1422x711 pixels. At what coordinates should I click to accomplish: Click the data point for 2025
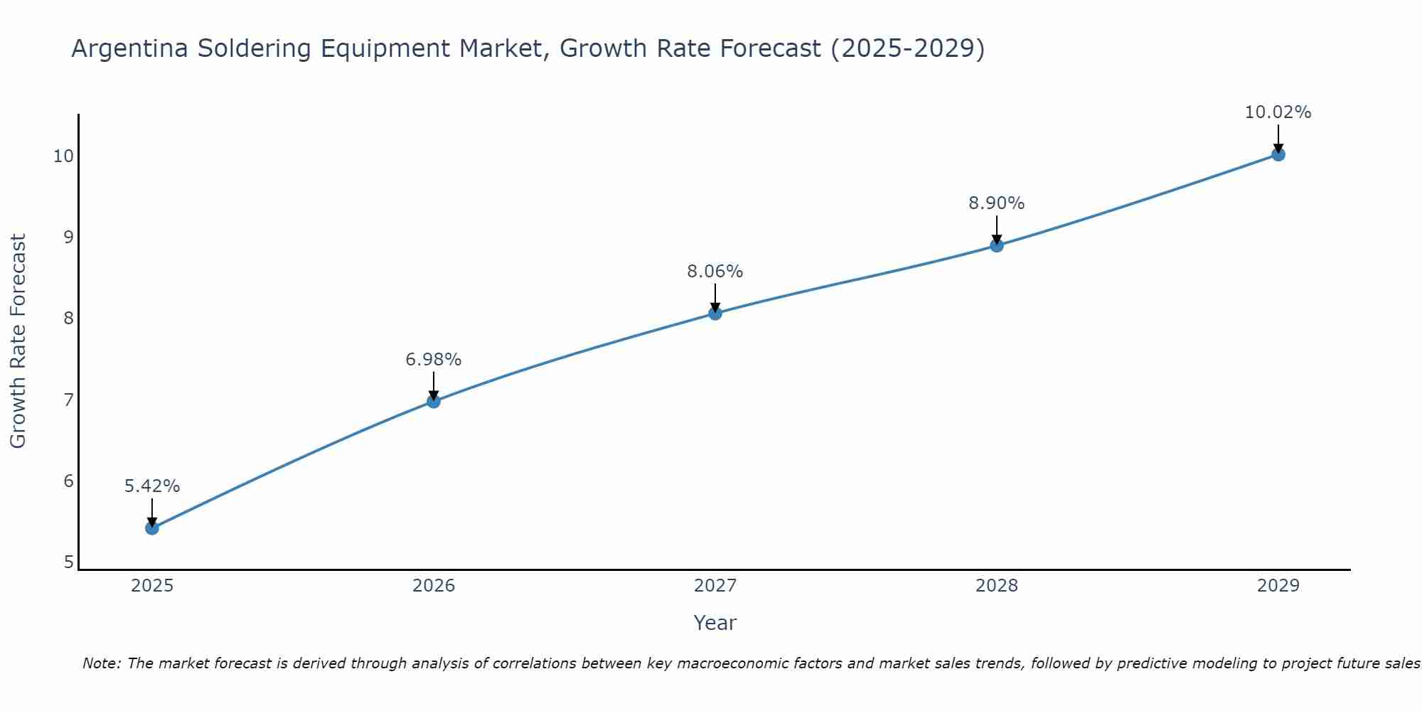coord(151,528)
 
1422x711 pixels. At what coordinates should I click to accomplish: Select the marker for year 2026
coord(433,401)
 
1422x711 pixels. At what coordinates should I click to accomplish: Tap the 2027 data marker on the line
coord(715,313)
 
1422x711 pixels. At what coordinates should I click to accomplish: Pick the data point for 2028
coord(996,245)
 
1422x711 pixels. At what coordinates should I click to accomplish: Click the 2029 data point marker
coord(1278,154)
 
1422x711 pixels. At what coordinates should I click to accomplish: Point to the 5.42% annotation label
coord(151,486)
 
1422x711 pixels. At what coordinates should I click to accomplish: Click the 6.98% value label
coord(433,360)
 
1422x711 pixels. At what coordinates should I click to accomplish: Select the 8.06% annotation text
coord(715,272)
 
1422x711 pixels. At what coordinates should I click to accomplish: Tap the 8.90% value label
coord(996,203)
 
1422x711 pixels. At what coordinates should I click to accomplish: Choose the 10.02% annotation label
coord(1278,112)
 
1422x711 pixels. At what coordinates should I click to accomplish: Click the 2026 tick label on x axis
coord(433,586)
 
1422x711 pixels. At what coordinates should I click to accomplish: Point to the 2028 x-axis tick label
coord(996,586)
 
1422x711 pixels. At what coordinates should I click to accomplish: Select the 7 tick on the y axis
coord(68,400)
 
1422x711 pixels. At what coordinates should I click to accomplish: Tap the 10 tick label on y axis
coord(63,156)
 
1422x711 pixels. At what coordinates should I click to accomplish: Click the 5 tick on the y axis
coord(68,562)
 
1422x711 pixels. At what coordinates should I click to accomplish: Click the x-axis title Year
coord(715,623)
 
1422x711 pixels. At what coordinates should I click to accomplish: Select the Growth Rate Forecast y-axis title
coord(18,341)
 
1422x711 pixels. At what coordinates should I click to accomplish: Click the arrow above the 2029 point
coord(1278,137)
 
